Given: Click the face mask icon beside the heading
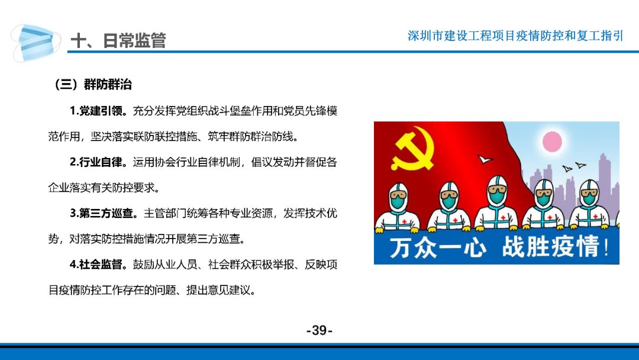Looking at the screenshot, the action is [x=35, y=43].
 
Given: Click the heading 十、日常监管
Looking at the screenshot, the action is [x=118, y=40].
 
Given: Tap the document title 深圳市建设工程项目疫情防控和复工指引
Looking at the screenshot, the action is [x=515, y=36].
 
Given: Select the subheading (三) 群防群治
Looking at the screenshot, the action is [x=93, y=85].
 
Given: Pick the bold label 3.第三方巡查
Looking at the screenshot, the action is [x=104, y=213].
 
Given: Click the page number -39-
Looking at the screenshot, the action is [x=319, y=330].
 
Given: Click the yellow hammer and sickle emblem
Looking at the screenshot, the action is [x=412, y=149].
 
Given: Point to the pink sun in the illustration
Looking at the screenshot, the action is [x=552, y=142].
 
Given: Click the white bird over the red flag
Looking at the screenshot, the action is [x=485, y=159].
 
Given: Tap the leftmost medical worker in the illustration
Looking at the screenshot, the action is [x=398, y=207].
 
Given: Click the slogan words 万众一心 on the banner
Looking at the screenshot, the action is [x=437, y=247].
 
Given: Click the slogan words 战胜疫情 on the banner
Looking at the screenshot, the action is [x=551, y=247].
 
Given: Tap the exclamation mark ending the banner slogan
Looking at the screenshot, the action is [x=606, y=247].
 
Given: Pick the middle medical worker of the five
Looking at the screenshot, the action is [x=496, y=203].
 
